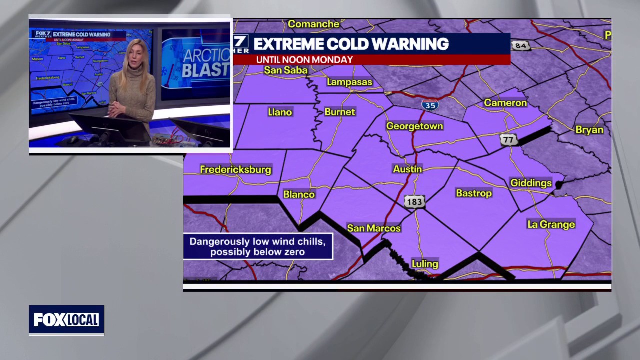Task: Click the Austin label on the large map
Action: pyautogui.click(x=407, y=169)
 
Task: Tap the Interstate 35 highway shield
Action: pyautogui.click(x=430, y=104)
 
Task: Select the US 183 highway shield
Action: pyautogui.click(x=414, y=201)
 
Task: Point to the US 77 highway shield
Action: pyautogui.click(x=508, y=139)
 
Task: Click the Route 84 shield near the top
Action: pyautogui.click(x=521, y=45)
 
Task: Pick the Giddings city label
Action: pyautogui.click(x=531, y=183)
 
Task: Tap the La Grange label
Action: pyautogui.click(x=551, y=224)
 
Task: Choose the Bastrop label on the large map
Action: pyautogui.click(x=474, y=193)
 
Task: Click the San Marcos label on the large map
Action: pyautogui.click(x=374, y=228)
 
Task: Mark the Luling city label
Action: pyautogui.click(x=425, y=264)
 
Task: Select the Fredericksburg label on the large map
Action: pyautogui.click(x=235, y=169)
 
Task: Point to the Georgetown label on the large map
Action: pyautogui.click(x=414, y=126)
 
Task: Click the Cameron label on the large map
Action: pyautogui.click(x=505, y=102)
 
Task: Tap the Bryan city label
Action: pyautogui.click(x=589, y=129)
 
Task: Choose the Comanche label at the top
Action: pyautogui.click(x=313, y=24)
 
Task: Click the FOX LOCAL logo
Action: pyautogui.click(x=66, y=320)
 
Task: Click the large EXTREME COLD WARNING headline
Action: pyautogui.click(x=351, y=44)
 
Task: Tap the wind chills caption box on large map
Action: pyautogui.click(x=258, y=247)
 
